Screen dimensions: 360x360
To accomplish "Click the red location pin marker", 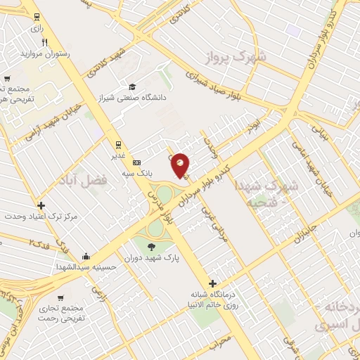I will tap(181, 165).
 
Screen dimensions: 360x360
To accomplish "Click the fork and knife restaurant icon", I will tap(45, 42).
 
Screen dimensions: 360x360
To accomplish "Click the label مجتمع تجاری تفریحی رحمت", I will tap(82, 314).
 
